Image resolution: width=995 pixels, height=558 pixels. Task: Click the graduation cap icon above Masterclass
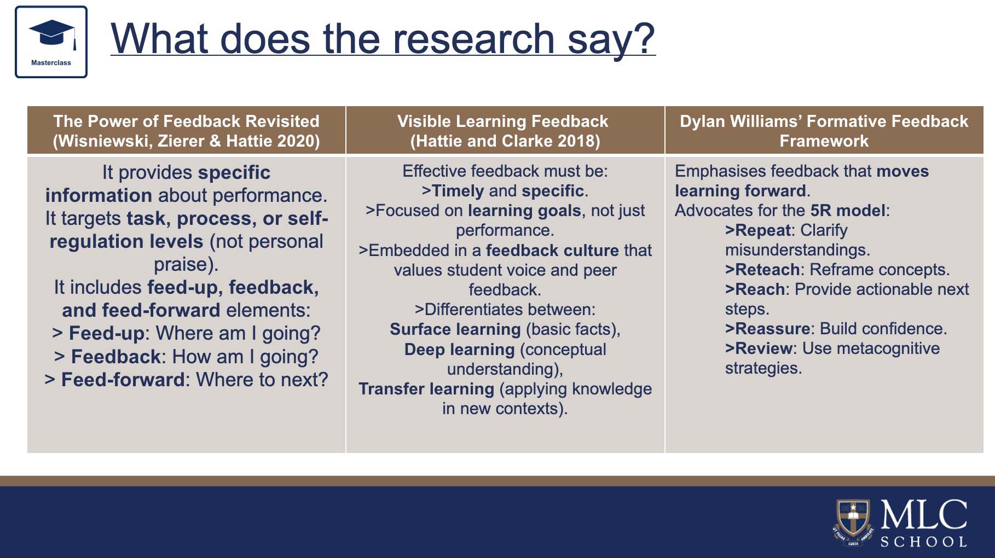point(53,34)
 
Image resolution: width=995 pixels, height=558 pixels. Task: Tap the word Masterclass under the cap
point(51,63)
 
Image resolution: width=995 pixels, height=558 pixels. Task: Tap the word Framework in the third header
point(824,141)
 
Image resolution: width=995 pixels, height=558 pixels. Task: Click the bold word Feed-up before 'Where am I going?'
point(106,333)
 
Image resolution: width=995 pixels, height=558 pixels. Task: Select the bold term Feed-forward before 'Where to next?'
point(123,380)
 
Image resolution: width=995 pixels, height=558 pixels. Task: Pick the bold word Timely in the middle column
point(458,191)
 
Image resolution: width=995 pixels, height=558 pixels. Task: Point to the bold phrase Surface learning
point(455,329)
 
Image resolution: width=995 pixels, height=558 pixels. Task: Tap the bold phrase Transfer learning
point(426,389)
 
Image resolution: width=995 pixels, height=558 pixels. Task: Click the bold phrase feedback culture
point(552,251)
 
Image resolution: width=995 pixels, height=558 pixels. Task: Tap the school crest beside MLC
point(853,522)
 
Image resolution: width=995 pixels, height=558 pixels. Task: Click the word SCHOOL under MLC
point(923,542)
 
